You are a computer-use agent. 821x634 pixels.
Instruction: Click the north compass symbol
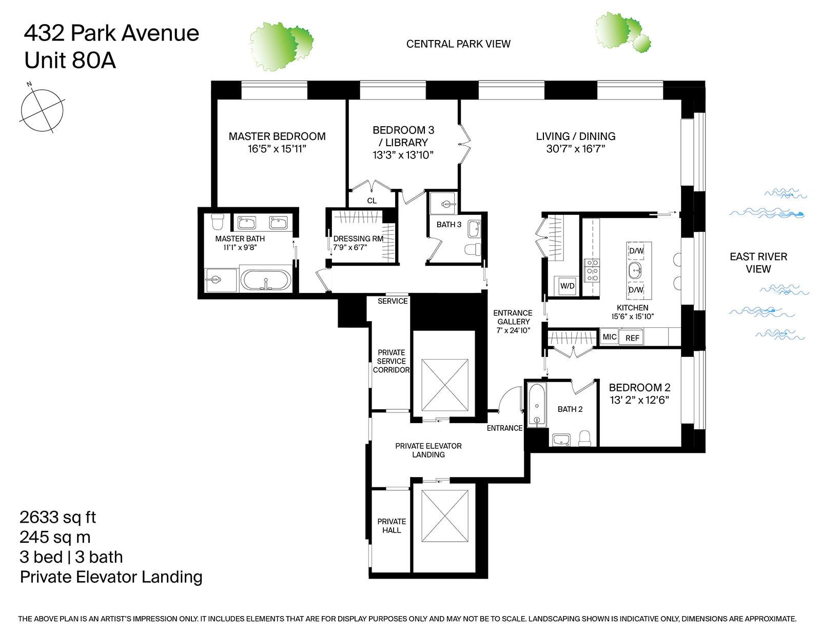pos(42,110)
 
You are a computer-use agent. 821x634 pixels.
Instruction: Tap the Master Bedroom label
pos(277,136)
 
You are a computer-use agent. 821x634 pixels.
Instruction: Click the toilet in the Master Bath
pos(218,222)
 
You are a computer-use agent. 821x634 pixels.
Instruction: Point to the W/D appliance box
pos(567,286)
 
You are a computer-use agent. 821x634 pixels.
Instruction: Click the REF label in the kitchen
pos(632,338)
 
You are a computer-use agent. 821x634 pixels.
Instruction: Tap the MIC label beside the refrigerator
pos(610,337)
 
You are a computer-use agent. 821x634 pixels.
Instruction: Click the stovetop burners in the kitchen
pos(592,270)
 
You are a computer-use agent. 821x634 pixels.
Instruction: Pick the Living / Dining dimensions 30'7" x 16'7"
pos(576,149)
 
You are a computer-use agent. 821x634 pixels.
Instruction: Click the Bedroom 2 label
pos(639,388)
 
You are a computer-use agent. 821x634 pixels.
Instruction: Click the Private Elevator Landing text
pos(428,450)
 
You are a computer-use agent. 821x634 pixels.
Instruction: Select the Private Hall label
pos(392,526)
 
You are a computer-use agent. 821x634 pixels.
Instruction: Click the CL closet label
pos(372,201)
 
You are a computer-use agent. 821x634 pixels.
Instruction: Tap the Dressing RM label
pos(358,239)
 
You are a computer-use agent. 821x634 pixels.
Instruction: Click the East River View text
pos(758,263)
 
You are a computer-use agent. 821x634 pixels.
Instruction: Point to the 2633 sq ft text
pos(57,517)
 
